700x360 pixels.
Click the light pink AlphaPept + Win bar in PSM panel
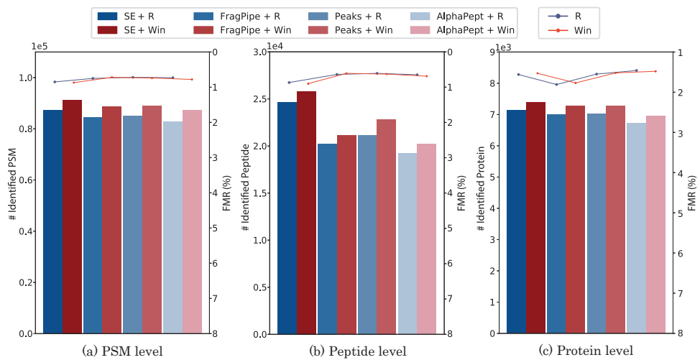[192, 222]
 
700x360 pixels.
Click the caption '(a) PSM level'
[123, 351]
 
